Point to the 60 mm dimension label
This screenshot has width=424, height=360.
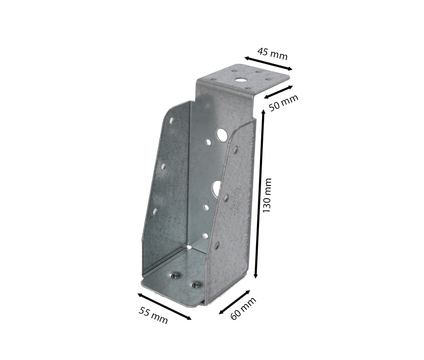pos(243,309)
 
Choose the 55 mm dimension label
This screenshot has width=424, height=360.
pos(153,315)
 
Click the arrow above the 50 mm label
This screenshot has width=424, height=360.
pos(278,91)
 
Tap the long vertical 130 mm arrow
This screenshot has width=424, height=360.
pos(259,194)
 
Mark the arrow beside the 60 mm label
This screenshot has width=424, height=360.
pos(234,302)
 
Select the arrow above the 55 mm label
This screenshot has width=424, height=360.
pos(164,306)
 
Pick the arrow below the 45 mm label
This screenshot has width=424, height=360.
pos(268,63)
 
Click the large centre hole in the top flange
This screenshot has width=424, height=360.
pos(240,79)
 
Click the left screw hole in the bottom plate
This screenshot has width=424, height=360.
pos(174,276)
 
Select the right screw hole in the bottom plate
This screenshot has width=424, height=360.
pos(195,285)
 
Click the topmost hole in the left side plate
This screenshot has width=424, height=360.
pos(172,121)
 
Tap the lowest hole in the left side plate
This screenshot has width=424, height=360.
pos(155,211)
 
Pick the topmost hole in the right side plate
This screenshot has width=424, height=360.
pos(235,150)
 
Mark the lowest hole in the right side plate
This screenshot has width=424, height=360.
pos(217,245)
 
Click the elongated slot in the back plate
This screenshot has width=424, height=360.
pos(217,188)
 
